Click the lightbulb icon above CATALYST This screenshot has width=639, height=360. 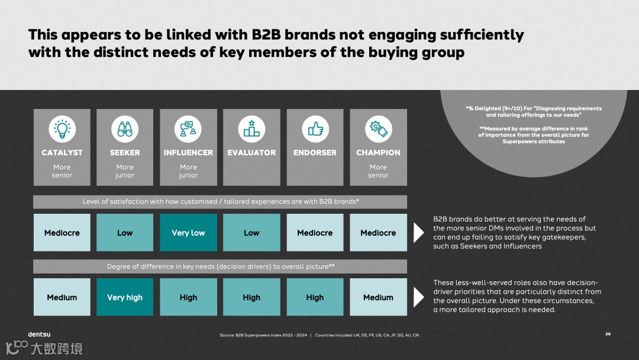[62, 128]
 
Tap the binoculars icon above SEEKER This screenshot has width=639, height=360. [125, 128]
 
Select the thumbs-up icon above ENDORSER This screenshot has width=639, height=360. [315, 128]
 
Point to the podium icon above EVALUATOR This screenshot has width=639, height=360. [251, 128]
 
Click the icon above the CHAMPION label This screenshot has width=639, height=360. [378, 128]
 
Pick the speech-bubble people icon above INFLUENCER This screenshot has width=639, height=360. [188, 128]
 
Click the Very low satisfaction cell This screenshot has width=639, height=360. [188, 233]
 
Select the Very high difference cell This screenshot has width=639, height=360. [125, 297]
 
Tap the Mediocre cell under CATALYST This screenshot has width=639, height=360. [62, 233]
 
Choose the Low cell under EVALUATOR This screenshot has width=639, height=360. [251, 233]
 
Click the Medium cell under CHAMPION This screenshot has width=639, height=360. [378, 297]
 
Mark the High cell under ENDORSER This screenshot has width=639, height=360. [315, 297]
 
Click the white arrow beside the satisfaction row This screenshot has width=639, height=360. [418, 233]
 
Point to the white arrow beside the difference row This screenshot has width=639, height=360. [418, 297]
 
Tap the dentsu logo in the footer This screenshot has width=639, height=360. [39, 334]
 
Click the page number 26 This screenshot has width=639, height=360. [608, 334]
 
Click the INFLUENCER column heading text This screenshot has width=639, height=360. [188, 153]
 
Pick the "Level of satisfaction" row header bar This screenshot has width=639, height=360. [220, 201]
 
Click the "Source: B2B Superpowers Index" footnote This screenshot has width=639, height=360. [264, 335]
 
